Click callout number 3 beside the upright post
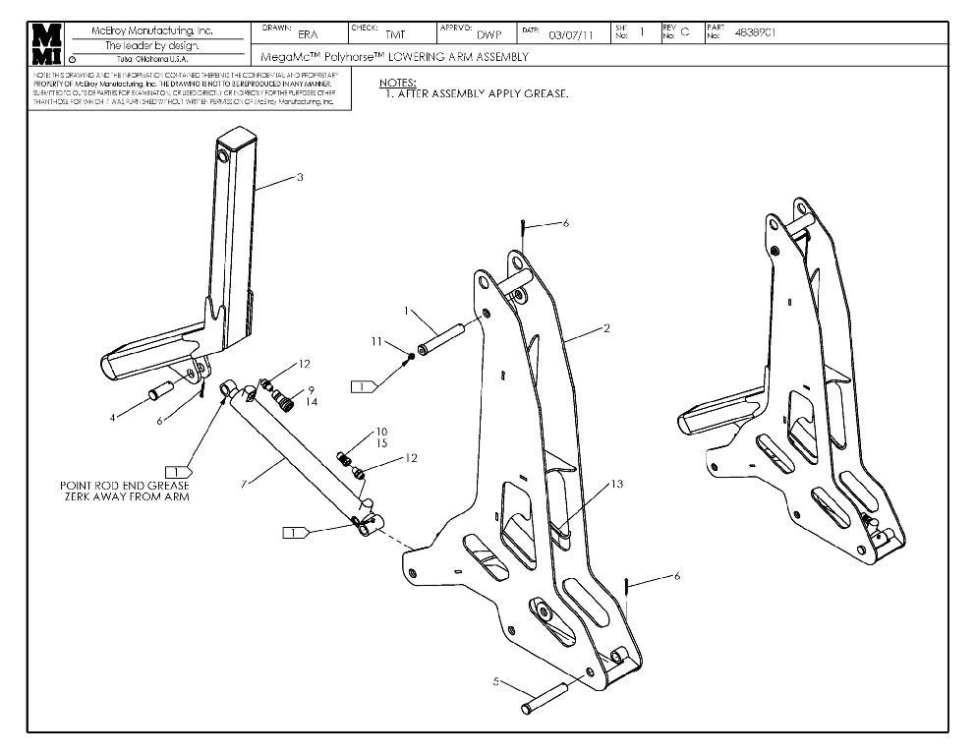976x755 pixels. coord(300,177)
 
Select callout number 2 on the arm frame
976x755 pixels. coord(606,328)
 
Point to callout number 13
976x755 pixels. coord(616,484)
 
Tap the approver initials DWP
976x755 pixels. coord(488,34)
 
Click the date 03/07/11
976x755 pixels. coord(571,34)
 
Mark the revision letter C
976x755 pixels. coord(685,32)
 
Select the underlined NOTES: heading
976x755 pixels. coord(397,83)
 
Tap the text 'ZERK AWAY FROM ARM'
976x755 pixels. coord(124,497)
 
